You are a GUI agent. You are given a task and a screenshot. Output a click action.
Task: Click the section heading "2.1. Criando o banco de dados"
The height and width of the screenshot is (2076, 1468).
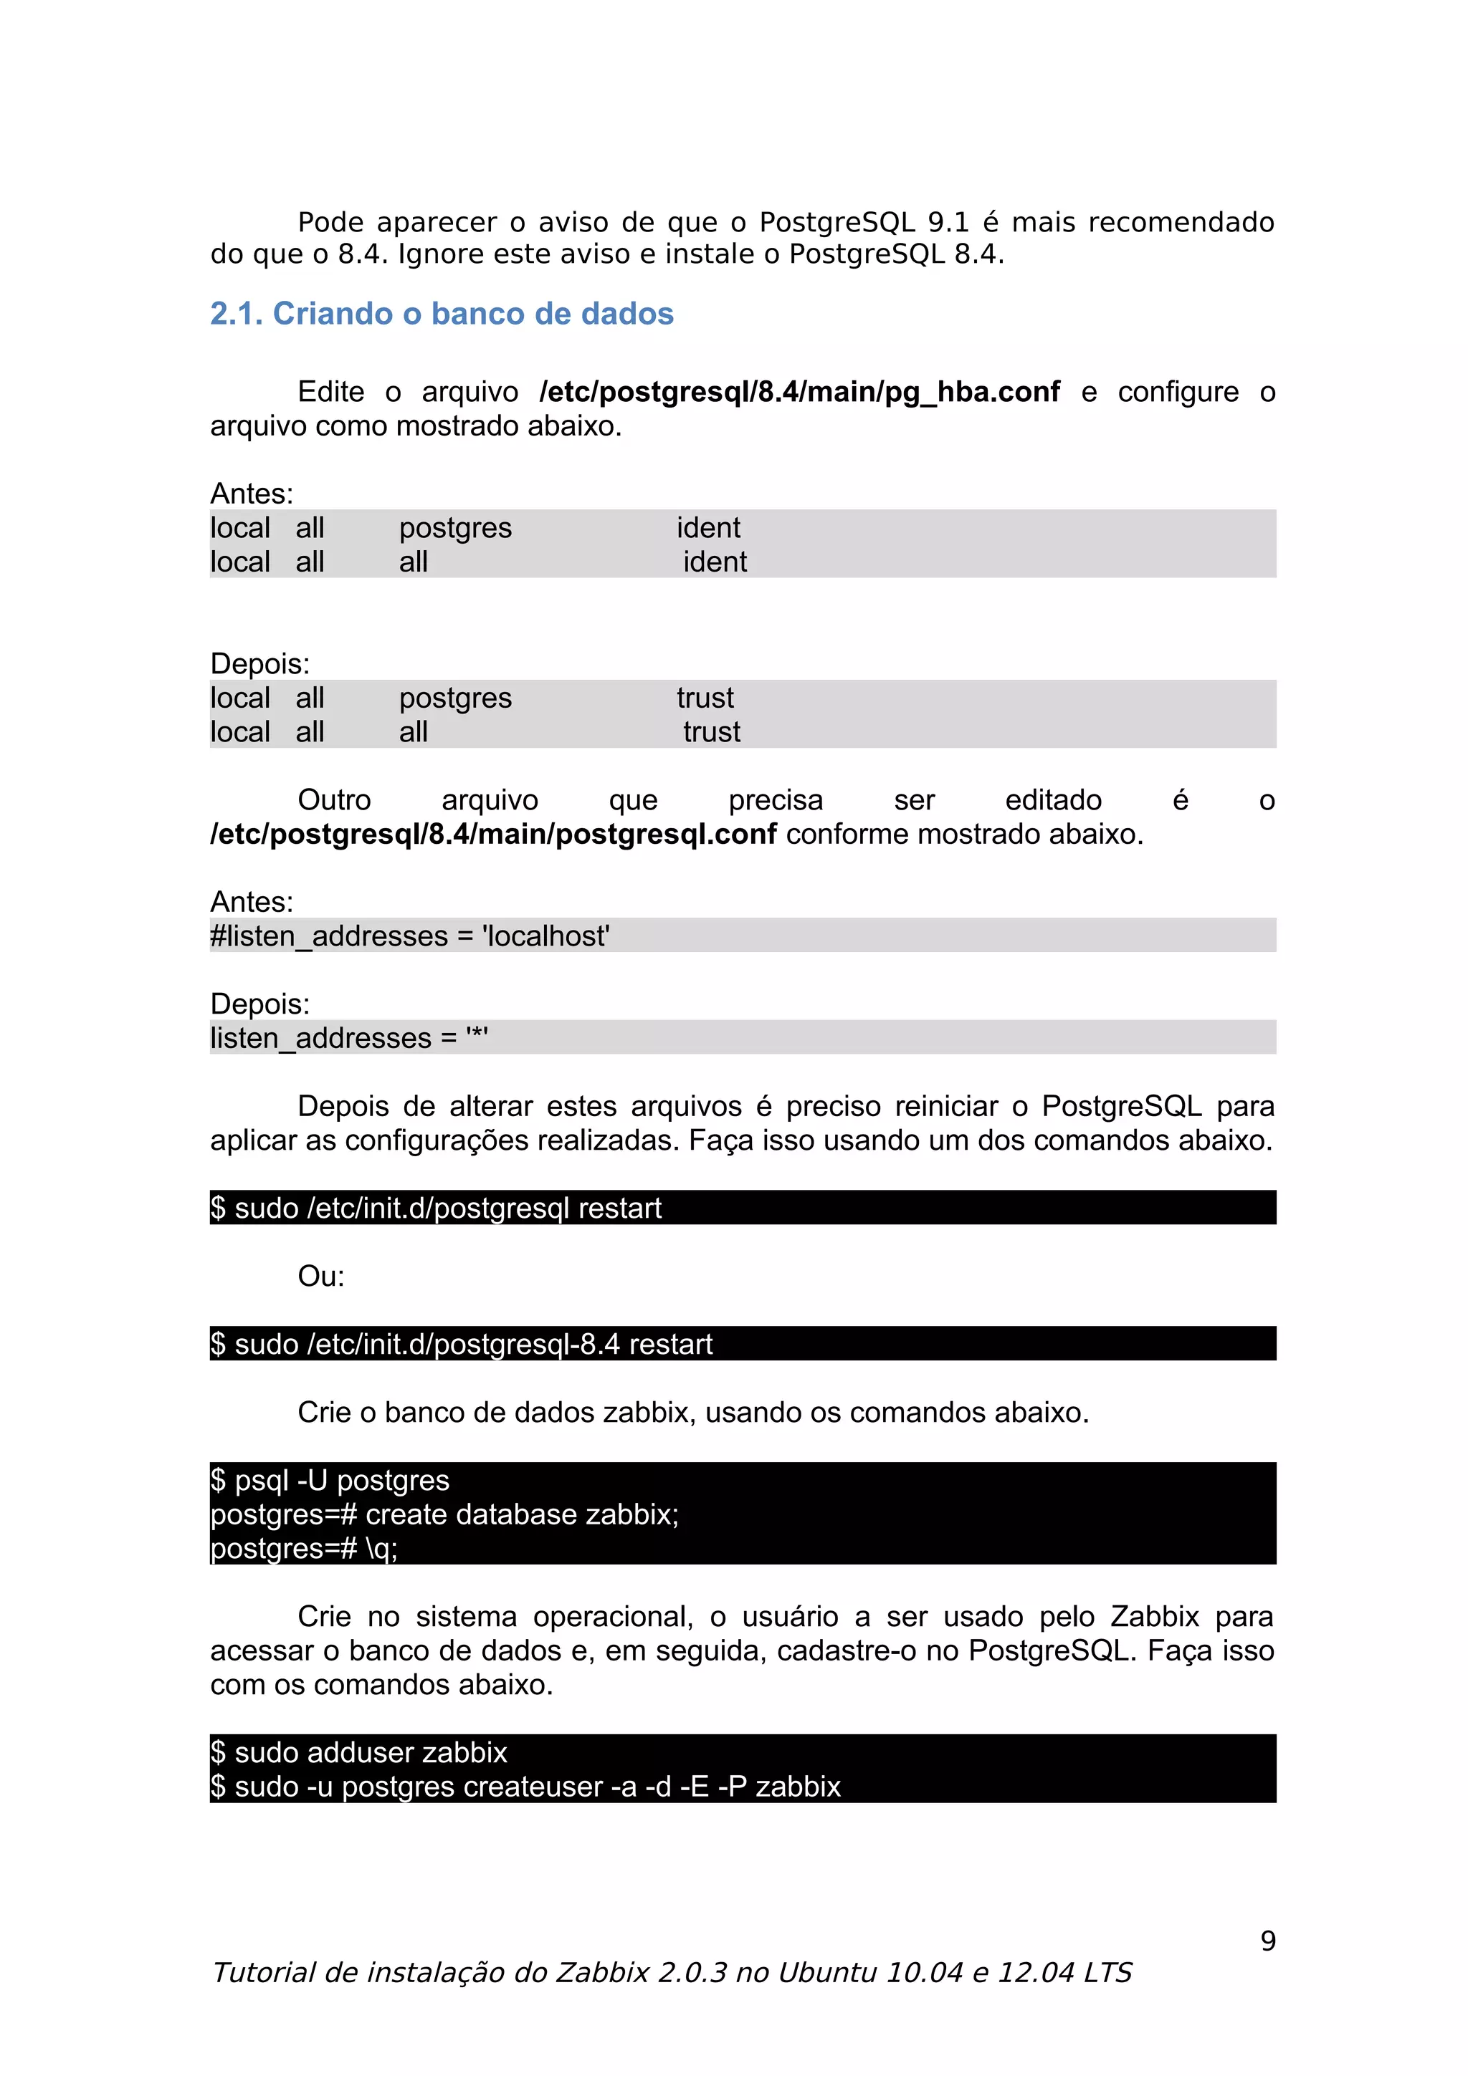(442, 314)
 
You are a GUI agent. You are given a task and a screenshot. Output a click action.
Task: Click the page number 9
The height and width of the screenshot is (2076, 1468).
(1267, 1941)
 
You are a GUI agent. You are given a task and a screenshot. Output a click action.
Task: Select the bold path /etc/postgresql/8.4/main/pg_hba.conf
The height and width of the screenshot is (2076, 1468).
(799, 392)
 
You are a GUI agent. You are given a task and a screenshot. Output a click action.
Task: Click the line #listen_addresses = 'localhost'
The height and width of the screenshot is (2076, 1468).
(410, 936)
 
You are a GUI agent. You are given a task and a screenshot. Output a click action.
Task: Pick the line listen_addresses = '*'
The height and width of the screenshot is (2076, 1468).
(349, 1038)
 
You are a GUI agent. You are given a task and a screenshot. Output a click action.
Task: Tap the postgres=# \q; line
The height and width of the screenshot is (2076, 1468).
(304, 1549)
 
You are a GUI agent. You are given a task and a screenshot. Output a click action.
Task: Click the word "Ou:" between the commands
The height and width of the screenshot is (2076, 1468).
(321, 1276)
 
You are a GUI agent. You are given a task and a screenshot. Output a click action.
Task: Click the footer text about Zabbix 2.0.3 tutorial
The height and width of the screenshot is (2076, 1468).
(671, 1973)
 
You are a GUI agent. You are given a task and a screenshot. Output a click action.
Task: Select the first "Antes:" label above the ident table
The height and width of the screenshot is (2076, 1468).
(252, 494)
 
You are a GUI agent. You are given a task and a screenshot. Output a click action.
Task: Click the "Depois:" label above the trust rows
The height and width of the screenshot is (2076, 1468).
(259, 663)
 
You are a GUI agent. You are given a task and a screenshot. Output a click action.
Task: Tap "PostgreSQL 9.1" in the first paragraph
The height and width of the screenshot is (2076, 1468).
(863, 222)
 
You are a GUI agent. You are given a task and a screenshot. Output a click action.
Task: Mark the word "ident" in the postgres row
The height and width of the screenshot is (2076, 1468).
(708, 528)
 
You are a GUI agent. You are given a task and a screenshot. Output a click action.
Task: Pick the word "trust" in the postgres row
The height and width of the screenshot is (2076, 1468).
(705, 698)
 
